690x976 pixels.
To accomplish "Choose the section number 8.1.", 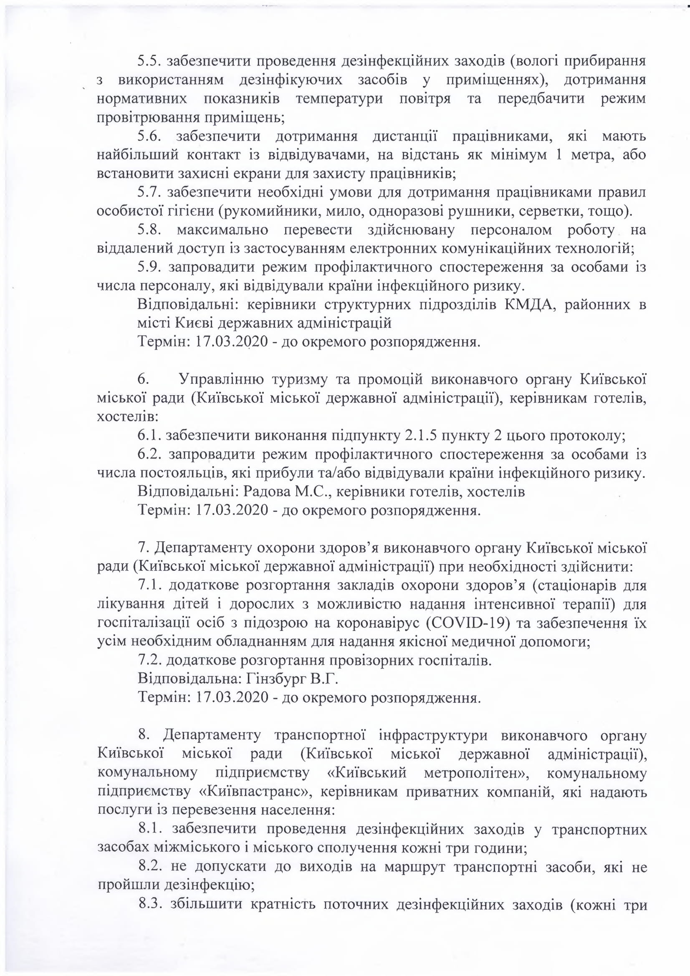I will click(x=150, y=830).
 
